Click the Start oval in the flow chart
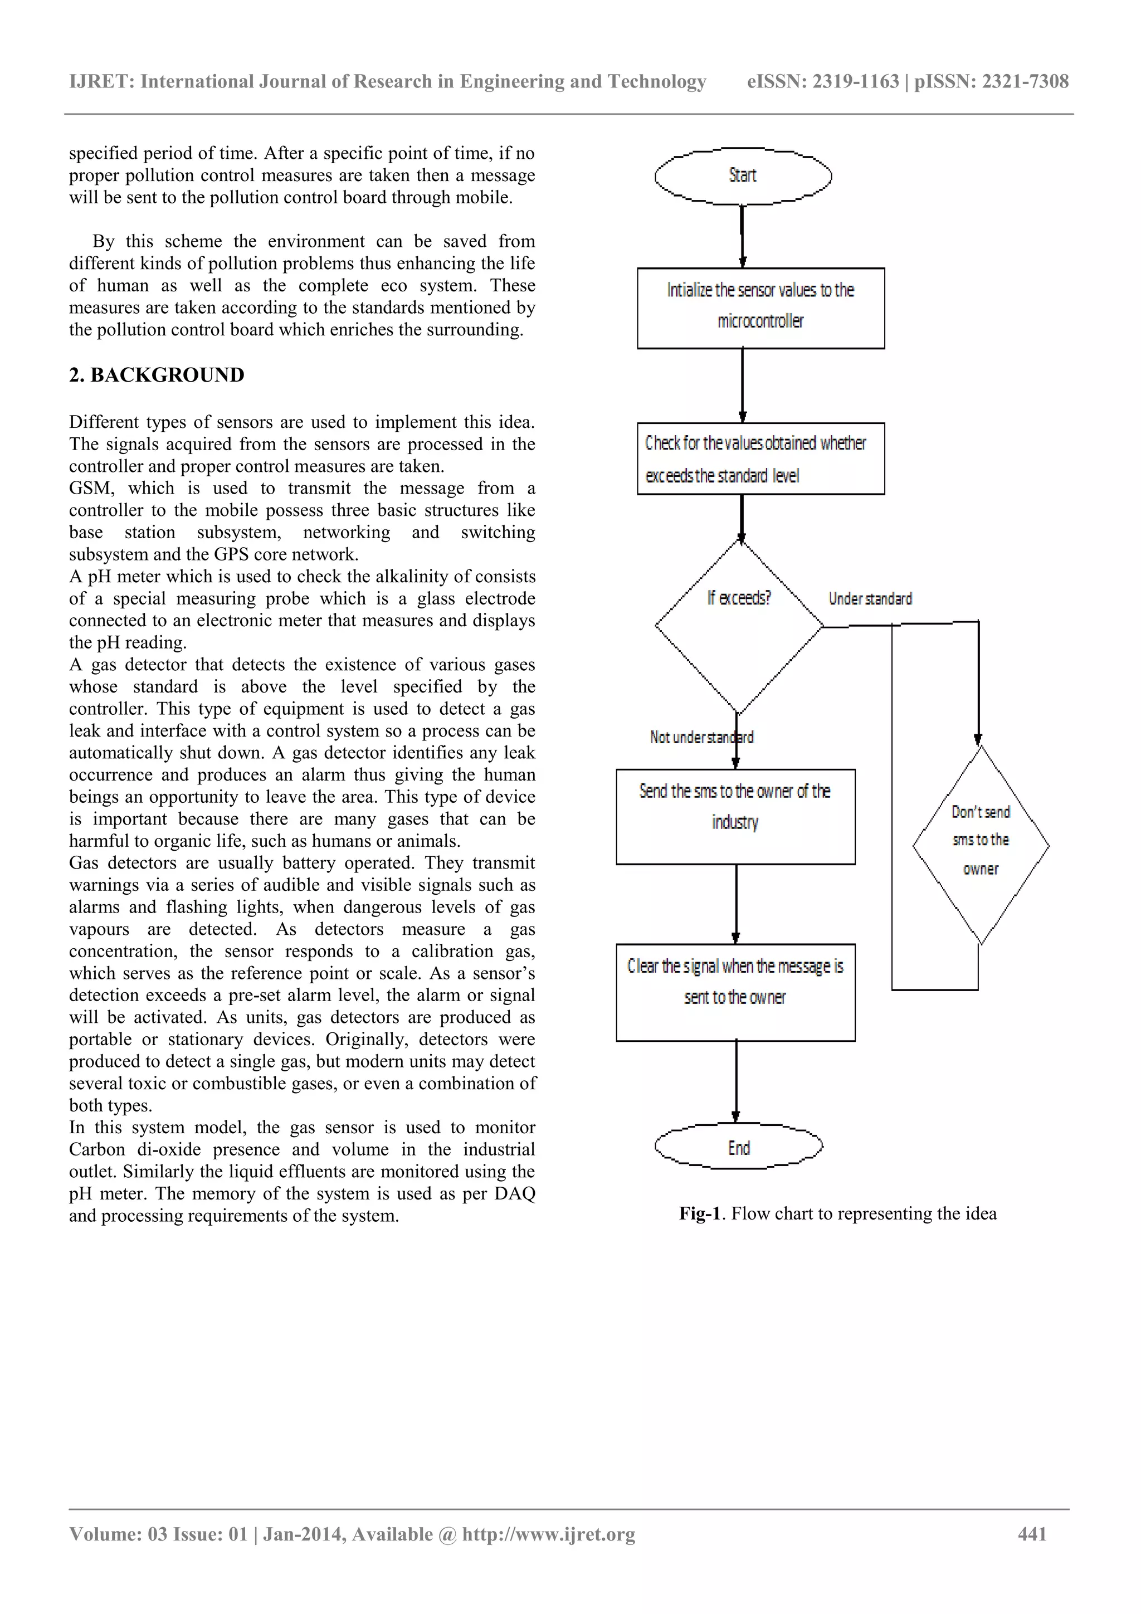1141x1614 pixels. [743, 175]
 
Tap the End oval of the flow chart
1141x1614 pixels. [738, 1147]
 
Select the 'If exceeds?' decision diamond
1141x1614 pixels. [739, 625]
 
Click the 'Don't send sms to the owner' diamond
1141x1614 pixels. [981, 843]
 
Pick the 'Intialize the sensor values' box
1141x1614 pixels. [760, 308]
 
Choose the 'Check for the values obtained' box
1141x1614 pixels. [760, 459]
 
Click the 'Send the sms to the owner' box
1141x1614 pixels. [735, 816]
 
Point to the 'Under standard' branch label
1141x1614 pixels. [870, 599]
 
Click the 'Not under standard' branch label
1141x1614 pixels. [701, 738]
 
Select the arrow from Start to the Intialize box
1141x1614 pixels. [743, 236]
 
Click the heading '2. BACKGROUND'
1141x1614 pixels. [157, 376]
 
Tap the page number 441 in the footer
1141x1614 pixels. [1032, 1534]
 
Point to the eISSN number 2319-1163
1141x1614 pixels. [856, 81]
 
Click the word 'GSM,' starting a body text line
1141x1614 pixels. [91, 489]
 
